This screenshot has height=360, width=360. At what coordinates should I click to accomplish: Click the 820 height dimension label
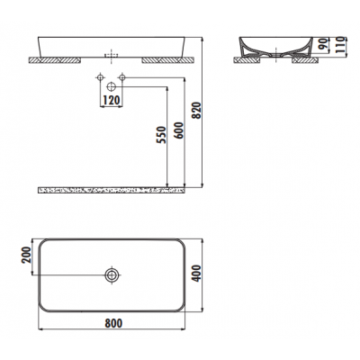click(197, 111)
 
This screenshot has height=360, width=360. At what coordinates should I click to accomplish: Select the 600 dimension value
click(178, 130)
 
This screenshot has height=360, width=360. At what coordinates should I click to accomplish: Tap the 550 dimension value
click(161, 135)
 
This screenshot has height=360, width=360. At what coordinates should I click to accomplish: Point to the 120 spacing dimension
click(112, 100)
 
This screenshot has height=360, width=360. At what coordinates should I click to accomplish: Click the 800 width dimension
click(113, 323)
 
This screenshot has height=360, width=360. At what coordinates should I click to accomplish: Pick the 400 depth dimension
click(197, 273)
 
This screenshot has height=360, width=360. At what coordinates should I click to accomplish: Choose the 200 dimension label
click(27, 255)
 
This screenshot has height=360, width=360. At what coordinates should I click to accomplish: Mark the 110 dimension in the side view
click(339, 45)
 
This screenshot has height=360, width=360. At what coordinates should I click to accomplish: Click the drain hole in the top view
click(112, 274)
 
